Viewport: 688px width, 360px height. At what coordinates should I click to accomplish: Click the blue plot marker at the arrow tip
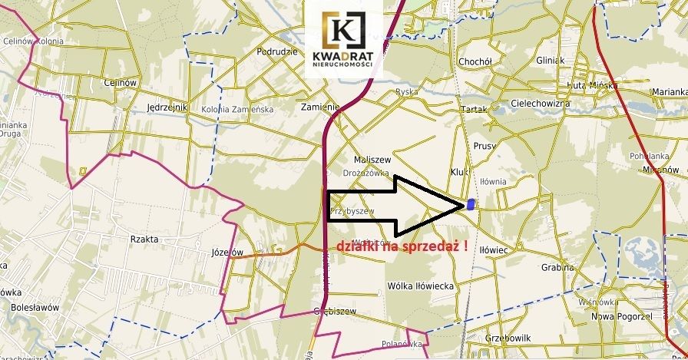[471, 204]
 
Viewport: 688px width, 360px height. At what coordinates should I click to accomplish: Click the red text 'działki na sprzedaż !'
[402, 246]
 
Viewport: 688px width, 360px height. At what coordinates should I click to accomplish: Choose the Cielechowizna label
[541, 103]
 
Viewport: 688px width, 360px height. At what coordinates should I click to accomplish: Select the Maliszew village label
[372, 160]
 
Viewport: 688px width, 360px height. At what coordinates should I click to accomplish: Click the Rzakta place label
[144, 239]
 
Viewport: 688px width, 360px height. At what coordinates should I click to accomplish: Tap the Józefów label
[226, 252]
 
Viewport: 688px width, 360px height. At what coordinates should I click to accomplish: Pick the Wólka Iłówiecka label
[421, 286]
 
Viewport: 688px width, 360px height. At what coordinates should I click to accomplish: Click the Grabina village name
[557, 268]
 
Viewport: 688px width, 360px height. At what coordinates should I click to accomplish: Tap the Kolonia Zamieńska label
[238, 110]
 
